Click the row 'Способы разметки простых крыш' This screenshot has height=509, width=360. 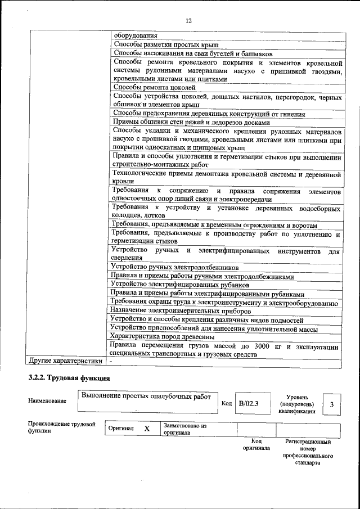point(166,44)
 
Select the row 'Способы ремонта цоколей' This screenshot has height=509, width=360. point(154,87)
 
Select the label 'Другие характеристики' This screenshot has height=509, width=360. point(66,361)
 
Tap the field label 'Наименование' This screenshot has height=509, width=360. point(47,400)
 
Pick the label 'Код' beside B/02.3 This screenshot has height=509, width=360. point(226,403)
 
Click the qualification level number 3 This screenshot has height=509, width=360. point(331,404)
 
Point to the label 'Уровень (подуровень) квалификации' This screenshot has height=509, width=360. point(296,404)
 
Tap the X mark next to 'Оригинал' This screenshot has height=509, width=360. point(147,429)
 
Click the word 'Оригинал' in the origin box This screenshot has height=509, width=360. point(121,429)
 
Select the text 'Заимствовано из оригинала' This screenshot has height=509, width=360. point(185,430)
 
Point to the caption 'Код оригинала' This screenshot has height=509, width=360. point(256,445)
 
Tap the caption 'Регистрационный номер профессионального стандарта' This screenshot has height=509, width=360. point(308,452)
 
